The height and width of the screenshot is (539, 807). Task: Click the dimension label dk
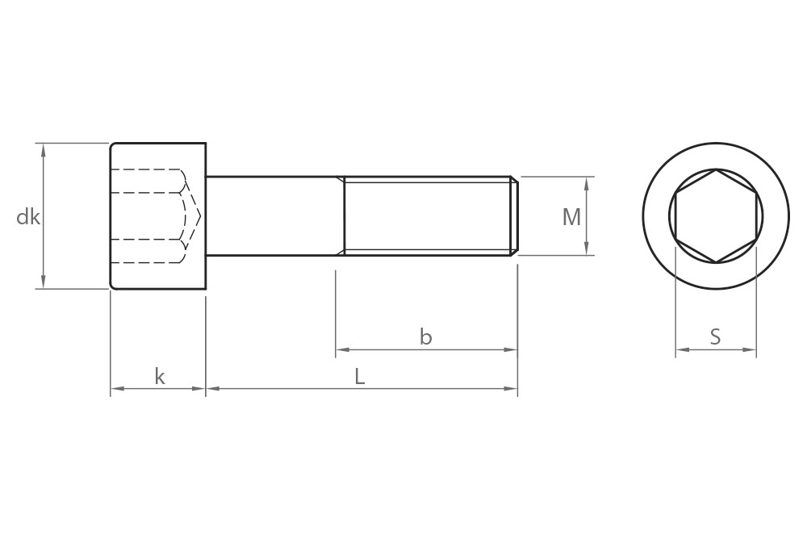[x=28, y=217]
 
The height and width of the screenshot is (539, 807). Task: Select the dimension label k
[x=159, y=377]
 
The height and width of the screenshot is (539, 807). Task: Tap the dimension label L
[x=360, y=377]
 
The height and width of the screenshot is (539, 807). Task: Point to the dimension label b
[x=425, y=337]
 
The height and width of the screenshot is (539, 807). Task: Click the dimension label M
[x=571, y=217]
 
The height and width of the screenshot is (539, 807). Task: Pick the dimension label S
[x=715, y=337]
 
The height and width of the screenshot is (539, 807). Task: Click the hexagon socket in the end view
[x=716, y=216]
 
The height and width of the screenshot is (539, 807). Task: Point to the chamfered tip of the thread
[x=514, y=216]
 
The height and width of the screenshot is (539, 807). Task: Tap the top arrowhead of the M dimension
[x=587, y=182]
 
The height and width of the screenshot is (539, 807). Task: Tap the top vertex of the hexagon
[x=716, y=169]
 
